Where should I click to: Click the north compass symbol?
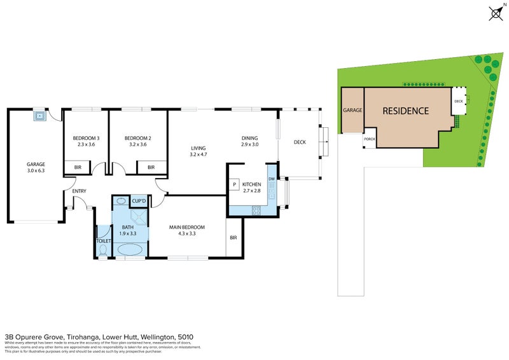(496, 13)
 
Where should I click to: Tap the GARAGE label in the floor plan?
(36, 163)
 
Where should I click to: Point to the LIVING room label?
(199, 148)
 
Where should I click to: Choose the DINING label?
(249, 138)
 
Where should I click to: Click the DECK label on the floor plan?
(300, 142)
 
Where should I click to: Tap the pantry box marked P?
(234, 184)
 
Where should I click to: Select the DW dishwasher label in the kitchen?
(272, 179)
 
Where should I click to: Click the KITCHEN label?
(252, 184)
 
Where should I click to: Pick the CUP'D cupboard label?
(139, 202)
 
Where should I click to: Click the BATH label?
(129, 227)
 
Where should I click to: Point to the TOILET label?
(104, 241)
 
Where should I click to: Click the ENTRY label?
(79, 191)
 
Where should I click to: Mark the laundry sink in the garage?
(40, 116)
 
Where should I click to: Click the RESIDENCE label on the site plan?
(405, 111)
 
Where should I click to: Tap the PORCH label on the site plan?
(368, 139)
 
